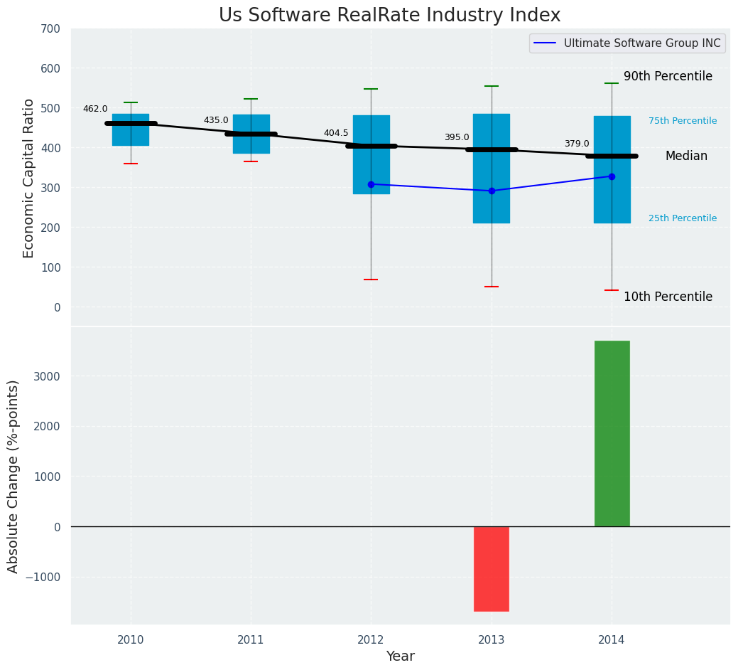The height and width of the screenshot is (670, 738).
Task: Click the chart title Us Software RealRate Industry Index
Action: pyautogui.click(x=389, y=16)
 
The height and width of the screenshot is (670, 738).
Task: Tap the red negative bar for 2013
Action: pyautogui.click(x=492, y=568)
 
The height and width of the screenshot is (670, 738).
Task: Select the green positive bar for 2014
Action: pyautogui.click(x=612, y=433)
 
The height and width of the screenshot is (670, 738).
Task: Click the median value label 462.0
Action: pyautogui.click(x=95, y=109)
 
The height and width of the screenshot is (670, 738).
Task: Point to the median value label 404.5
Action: pyautogui.click(x=336, y=133)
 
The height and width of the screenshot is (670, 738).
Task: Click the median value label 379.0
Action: pyautogui.click(x=577, y=144)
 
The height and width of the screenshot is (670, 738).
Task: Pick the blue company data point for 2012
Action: pyautogui.click(x=371, y=184)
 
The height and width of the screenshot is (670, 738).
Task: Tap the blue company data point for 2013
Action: pyautogui.click(x=492, y=191)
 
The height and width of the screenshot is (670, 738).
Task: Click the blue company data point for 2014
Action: pyautogui.click(x=612, y=176)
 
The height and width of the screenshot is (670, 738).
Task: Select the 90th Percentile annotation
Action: pyautogui.click(x=668, y=76)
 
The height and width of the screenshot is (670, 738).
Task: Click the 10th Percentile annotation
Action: pyautogui.click(x=668, y=297)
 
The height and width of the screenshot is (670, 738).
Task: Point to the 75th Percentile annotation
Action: pyautogui.click(x=683, y=121)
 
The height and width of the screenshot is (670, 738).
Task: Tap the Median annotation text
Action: pyautogui.click(x=686, y=156)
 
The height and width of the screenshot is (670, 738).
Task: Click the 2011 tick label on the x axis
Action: pyautogui.click(x=251, y=639)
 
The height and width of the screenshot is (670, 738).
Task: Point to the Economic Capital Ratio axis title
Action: pyautogui.click(x=29, y=178)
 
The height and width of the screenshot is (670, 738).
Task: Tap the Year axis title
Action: pyautogui.click(x=401, y=656)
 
